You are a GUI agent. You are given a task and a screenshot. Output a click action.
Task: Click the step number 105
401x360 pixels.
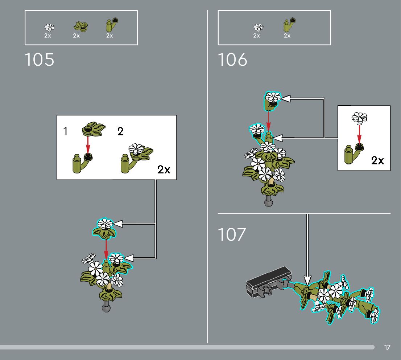click(x=40, y=60)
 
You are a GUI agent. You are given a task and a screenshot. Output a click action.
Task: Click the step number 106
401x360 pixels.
click(x=232, y=60)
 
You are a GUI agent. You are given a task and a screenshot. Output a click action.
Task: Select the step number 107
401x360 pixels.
click(x=232, y=235)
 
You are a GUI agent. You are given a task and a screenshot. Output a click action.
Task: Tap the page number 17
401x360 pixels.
click(x=387, y=348)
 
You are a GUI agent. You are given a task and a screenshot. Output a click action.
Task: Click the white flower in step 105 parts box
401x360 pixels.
click(x=49, y=27)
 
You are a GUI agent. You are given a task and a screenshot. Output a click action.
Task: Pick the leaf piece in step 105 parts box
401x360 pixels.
click(x=80, y=26)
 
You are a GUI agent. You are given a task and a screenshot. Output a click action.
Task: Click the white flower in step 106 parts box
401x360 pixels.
click(x=258, y=27)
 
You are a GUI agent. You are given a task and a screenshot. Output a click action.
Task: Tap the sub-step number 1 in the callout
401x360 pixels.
click(x=66, y=131)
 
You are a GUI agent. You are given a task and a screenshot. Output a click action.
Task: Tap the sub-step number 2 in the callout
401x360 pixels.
click(x=120, y=131)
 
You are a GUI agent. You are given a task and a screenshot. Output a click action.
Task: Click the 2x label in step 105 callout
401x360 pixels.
click(x=164, y=169)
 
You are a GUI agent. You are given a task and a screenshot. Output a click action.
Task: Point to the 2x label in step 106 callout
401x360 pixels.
click(x=377, y=160)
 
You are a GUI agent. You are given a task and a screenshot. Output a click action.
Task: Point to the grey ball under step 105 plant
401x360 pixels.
click(x=106, y=308)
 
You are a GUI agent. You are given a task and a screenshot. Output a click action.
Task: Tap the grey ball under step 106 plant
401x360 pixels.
click(x=269, y=202)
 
